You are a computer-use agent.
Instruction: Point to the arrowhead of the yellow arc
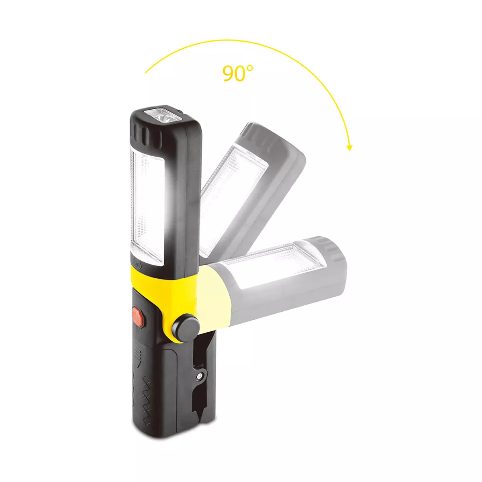[349, 148]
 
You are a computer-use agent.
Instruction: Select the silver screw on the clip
[199, 376]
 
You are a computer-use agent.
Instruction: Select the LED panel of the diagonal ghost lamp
[234, 196]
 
